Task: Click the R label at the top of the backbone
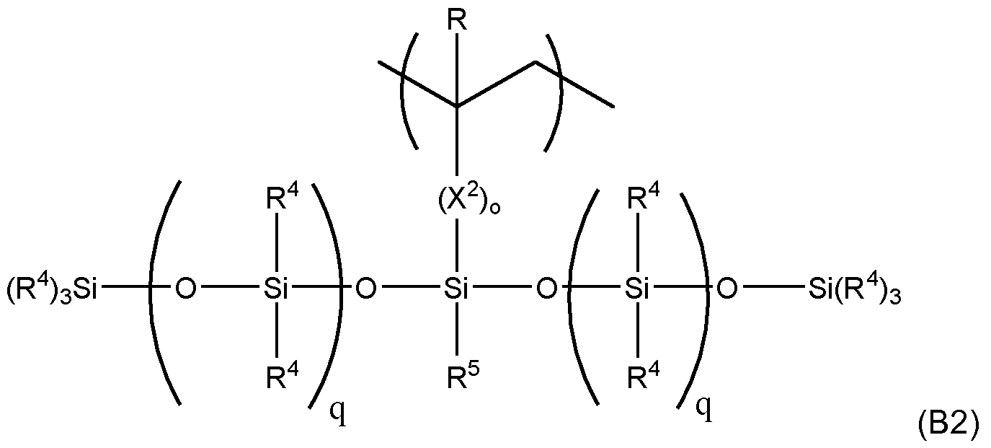[457, 21]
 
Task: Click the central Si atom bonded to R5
[456, 291]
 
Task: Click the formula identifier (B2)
[948, 426]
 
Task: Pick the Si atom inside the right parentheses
[636, 291]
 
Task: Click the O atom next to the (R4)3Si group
[186, 291]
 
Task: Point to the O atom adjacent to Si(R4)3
[728, 291]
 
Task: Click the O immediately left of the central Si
[366, 291]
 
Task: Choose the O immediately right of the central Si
[547, 291]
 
